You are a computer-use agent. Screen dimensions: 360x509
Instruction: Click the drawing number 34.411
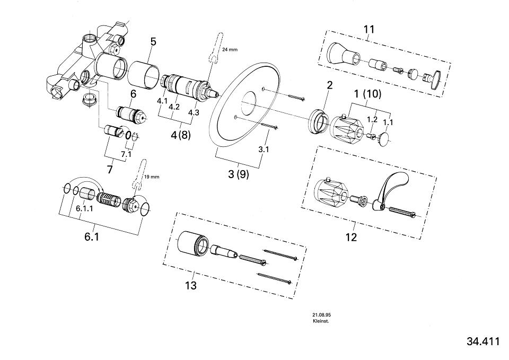coord(482,341)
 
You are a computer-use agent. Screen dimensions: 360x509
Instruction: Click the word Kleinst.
coord(321,321)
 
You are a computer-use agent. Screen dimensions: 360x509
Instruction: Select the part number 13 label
coord(191,286)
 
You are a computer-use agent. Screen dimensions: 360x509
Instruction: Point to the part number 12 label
coord(351,237)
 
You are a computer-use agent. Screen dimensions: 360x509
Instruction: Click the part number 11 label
coord(369,29)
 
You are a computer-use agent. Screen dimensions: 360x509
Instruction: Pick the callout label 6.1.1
coord(84,209)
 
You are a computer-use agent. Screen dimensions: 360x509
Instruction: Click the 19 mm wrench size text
coord(152,177)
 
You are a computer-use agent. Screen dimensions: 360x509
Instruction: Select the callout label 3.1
coord(264,150)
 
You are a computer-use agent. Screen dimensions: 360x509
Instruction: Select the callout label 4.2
coord(174,107)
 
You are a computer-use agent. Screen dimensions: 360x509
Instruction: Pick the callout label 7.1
coord(126,154)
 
